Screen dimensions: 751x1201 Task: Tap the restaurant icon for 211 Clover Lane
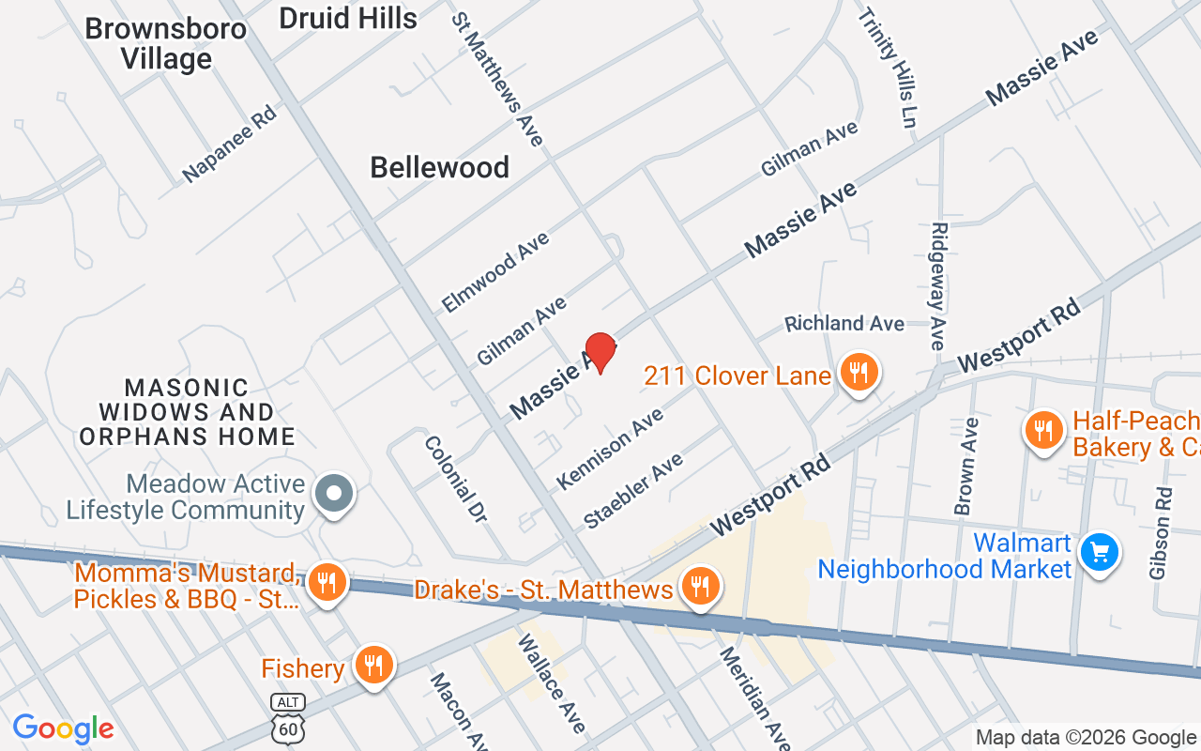(858, 373)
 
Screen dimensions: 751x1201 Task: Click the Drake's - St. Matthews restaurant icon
(701, 588)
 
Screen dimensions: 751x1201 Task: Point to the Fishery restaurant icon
(373, 667)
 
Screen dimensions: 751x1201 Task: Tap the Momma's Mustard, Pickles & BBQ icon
(326, 584)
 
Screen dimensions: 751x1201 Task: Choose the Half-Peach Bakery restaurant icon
(1043, 431)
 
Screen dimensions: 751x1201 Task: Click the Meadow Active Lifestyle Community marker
(333, 493)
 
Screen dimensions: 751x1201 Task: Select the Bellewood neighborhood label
(439, 168)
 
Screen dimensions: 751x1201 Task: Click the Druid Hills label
(348, 18)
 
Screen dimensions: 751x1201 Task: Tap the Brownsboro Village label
(166, 43)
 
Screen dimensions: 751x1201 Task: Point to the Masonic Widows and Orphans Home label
(187, 412)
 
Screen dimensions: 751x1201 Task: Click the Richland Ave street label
(844, 324)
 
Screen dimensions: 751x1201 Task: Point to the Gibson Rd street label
(1161, 533)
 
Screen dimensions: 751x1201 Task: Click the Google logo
(63, 728)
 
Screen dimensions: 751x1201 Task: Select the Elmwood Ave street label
(495, 272)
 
